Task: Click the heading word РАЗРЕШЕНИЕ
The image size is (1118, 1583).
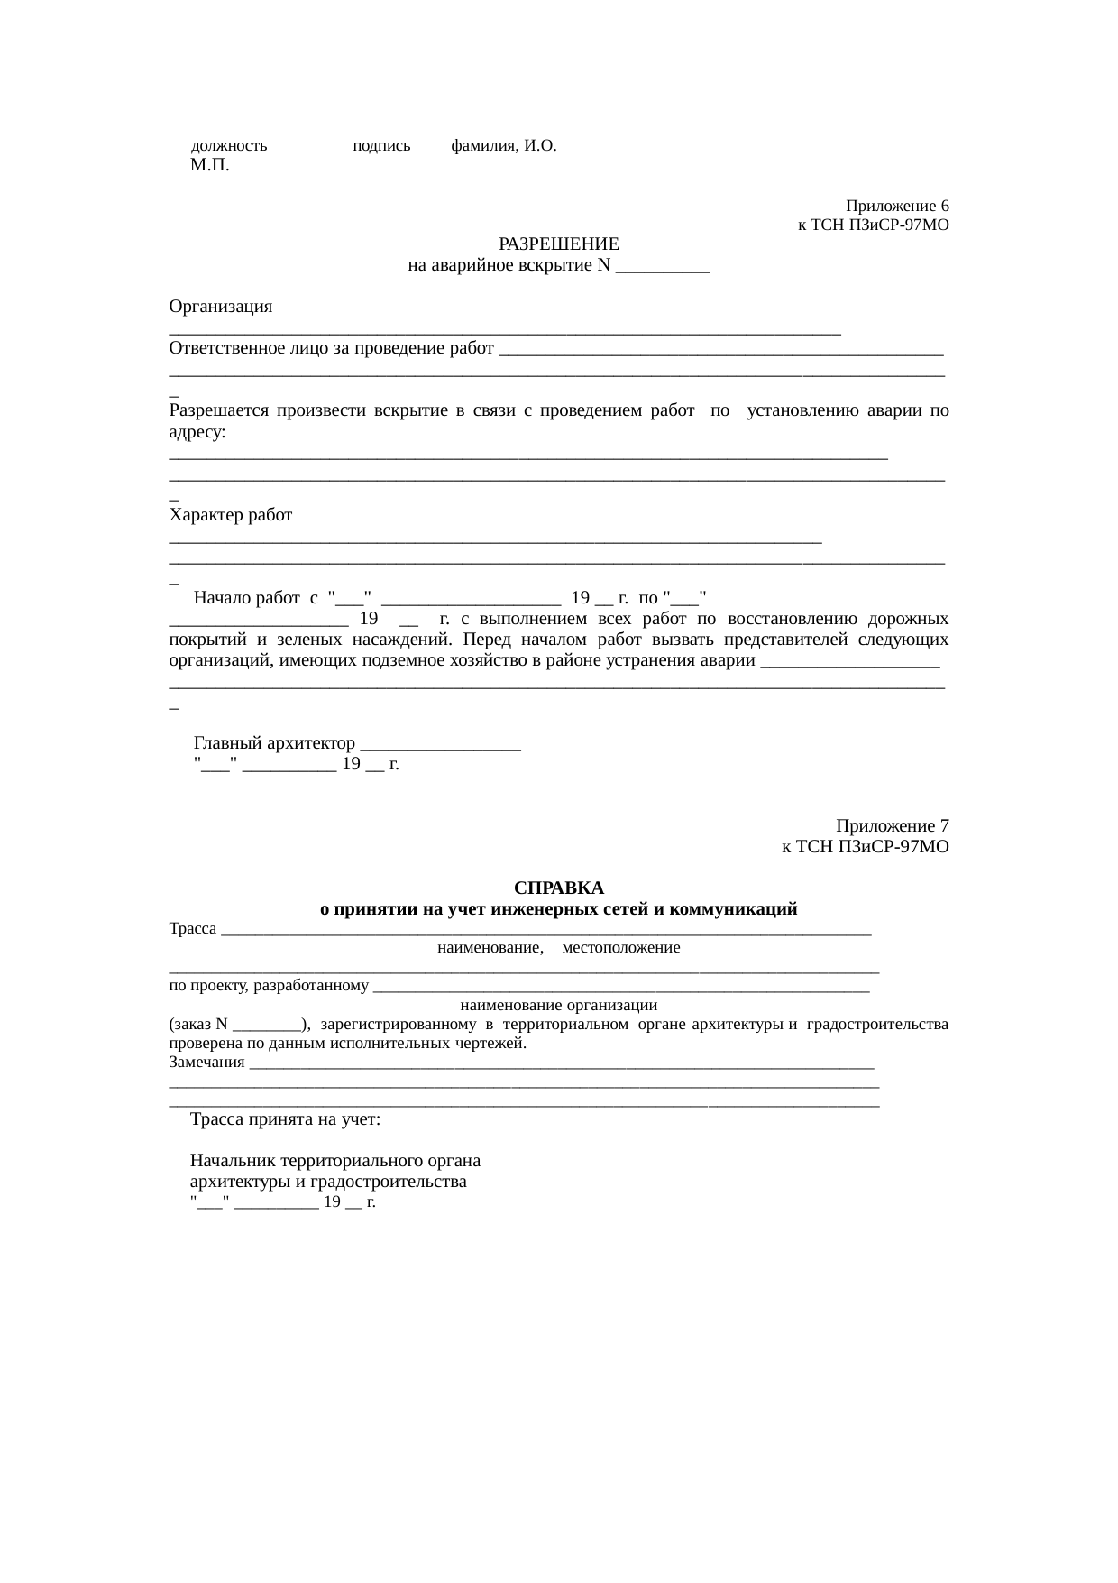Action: (x=558, y=244)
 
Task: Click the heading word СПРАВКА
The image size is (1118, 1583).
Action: (x=558, y=888)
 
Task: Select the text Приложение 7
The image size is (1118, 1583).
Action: (x=892, y=826)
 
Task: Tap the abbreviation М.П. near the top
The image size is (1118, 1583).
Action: (x=209, y=165)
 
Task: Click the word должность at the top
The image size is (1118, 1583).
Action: (x=229, y=145)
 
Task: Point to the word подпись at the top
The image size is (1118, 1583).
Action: (x=381, y=145)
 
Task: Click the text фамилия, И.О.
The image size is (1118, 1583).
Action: (x=503, y=145)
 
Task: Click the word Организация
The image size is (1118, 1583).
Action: (x=221, y=307)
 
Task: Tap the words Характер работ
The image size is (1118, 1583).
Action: (x=231, y=515)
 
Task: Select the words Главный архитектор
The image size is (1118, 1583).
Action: (x=275, y=743)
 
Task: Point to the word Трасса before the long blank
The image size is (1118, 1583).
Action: (x=193, y=929)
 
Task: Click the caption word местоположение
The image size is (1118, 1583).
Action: (x=620, y=948)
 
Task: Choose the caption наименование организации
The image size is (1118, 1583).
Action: (x=558, y=1005)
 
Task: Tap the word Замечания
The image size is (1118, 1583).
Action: (x=207, y=1062)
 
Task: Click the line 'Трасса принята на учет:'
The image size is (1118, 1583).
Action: (x=285, y=1119)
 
